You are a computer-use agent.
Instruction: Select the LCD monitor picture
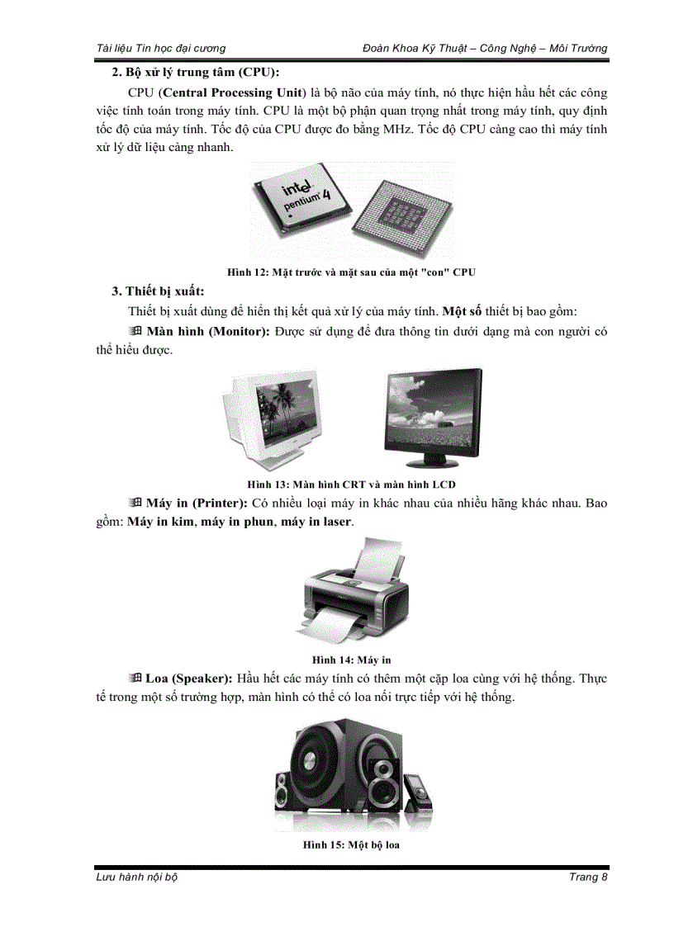(x=433, y=416)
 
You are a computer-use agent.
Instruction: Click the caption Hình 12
(x=351, y=272)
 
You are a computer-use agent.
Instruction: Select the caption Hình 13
(x=351, y=484)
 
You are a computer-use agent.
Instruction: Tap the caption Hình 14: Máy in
(x=351, y=660)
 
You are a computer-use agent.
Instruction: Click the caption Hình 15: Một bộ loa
(x=351, y=845)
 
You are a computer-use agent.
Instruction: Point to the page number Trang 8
(x=588, y=877)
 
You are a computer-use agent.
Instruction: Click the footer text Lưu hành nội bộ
(x=137, y=877)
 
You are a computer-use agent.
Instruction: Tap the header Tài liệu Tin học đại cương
(x=160, y=49)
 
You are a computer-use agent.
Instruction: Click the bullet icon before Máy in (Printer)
(x=135, y=503)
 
